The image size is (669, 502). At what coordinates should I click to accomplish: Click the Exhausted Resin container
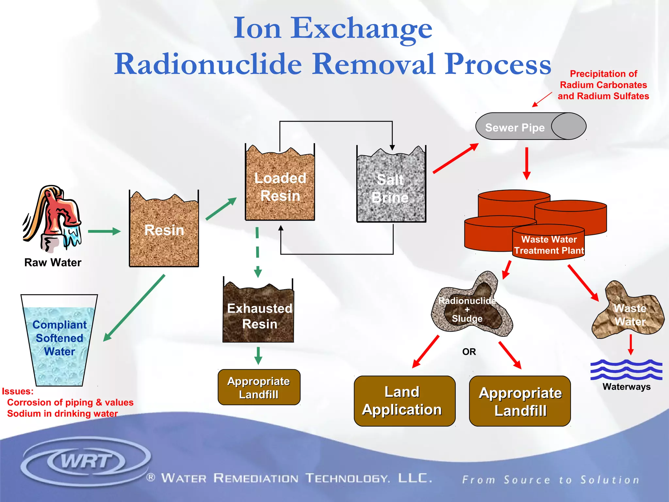(x=258, y=314)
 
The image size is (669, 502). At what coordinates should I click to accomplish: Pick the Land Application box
(x=404, y=401)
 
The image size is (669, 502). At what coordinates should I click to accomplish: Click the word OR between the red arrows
(x=469, y=352)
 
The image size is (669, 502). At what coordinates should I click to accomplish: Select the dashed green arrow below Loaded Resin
(x=257, y=252)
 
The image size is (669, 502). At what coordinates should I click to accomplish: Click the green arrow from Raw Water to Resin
(x=104, y=231)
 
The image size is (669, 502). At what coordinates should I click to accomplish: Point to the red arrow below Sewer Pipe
(x=527, y=163)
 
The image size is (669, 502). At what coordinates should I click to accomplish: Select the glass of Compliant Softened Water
(x=59, y=340)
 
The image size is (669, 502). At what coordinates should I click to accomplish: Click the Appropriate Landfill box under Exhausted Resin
(x=259, y=388)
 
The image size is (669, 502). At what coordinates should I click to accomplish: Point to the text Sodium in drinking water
(x=62, y=414)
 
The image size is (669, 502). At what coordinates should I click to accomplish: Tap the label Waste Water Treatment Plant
(x=549, y=245)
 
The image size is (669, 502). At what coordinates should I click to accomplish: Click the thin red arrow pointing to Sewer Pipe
(x=542, y=99)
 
